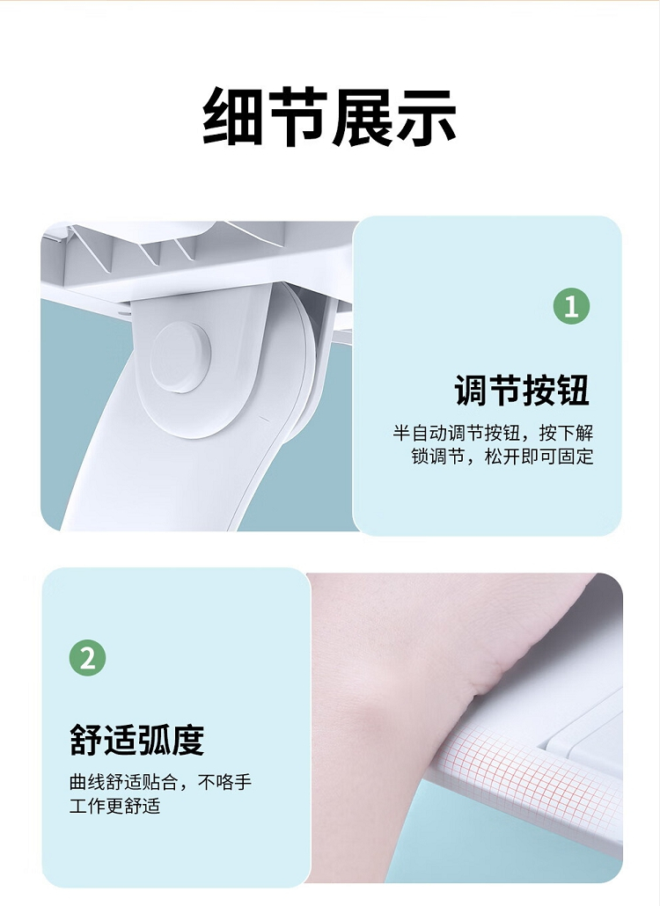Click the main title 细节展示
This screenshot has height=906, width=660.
[x=329, y=116]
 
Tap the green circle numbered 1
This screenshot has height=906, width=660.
[x=572, y=305]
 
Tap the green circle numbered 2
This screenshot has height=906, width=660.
[x=88, y=658]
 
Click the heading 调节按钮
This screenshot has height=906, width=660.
[x=522, y=391]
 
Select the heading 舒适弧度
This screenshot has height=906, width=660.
[x=137, y=740]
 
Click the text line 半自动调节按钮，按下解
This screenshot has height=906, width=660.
[x=493, y=433]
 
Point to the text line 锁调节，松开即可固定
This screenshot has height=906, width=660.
[x=502, y=457]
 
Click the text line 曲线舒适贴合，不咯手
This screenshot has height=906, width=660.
[x=161, y=782]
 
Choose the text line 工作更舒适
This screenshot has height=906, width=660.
[x=114, y=806]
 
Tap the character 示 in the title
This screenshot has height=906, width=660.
[x=427, y=116]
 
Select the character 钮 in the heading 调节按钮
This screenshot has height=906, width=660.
[x=573, y=391]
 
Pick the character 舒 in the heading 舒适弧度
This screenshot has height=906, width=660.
[x=86, y=740]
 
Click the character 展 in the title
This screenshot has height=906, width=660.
[x=362, y=116]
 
